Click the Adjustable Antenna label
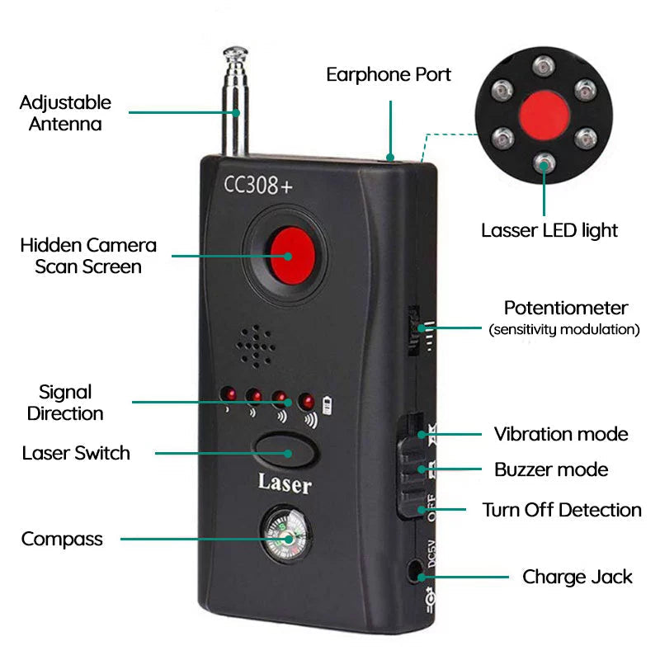(65, 113)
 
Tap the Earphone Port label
(389, 74)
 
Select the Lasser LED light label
(549, 230)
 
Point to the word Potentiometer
(566, 309)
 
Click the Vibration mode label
(561, 434)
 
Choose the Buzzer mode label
(551, 469)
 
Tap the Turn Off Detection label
(562, 510)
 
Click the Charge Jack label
(577, 577)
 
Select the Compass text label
(63, 540)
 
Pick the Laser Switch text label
(76, 453)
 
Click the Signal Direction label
(65, 403)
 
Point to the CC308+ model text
(258, 184)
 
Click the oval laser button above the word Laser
(285, 453)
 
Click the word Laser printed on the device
(285, 483)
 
